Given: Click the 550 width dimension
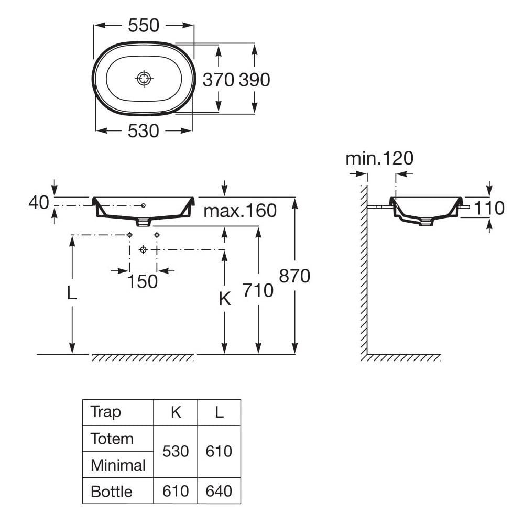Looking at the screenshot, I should tap(144, 25).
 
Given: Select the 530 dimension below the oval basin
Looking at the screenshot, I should tap(143, 131).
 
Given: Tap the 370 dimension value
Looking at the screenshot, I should tap(218, 80).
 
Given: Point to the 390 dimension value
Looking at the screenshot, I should tap(255, 80).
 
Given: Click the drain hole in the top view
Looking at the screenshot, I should tap(144, 79).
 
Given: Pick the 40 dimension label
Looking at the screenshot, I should tap(39, 202).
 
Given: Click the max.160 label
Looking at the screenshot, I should tap(240, 211).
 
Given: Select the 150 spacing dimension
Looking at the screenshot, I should tap(143, 281).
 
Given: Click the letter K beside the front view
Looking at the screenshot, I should tap(224, 299).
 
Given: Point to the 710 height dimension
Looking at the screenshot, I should tap(258, 290).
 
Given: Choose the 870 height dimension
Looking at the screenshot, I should tap(294, 276).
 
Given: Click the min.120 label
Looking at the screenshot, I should tap(379, 158).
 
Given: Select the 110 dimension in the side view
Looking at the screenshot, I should tap(489, 208).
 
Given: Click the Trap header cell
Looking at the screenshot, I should tap(106, 412).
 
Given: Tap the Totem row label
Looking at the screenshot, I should tap(112, 438).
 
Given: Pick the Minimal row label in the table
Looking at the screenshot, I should tap(118, 465).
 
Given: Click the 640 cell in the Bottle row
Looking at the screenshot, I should tap(219, 491).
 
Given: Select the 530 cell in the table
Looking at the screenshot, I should tap(176, 451).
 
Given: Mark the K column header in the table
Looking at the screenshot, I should tap(176, 412).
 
